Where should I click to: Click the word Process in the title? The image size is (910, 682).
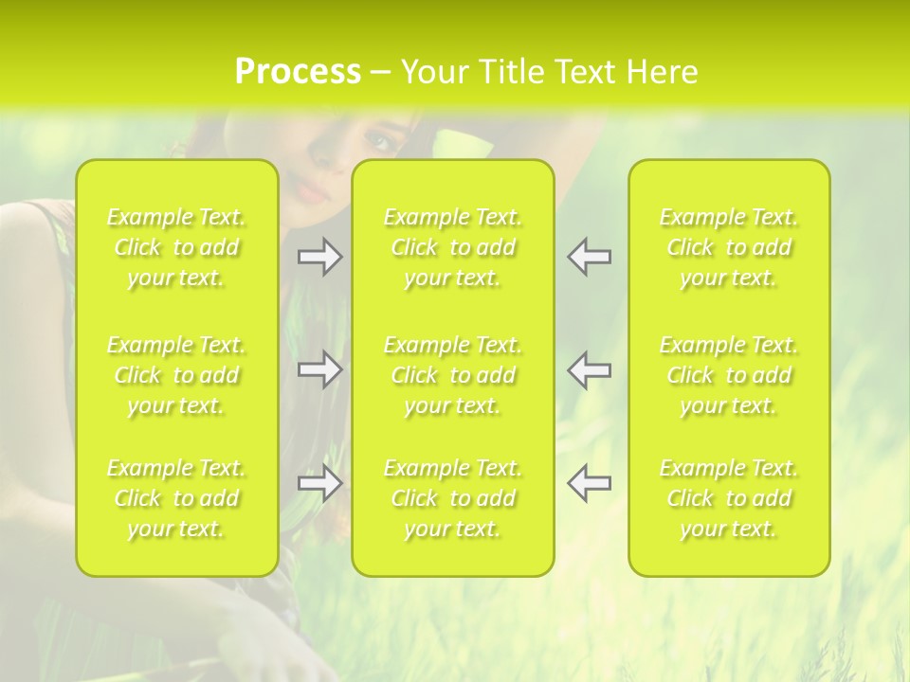point(298,72)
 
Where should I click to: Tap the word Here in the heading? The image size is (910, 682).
point(662,72)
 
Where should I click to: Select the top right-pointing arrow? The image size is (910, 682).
point(319,257)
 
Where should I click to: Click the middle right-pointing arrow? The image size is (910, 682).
point(319,369)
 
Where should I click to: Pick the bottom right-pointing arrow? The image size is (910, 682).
point(319,484)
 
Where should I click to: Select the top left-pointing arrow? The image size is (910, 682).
point(590,257)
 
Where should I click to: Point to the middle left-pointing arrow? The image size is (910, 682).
point(590,369)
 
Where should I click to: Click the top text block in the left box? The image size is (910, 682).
point(176,247)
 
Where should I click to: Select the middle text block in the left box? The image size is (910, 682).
point(176,375)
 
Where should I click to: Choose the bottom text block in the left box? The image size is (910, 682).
point(176,498)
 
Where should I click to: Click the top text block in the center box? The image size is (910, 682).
point(453,247)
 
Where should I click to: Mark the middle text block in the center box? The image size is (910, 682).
point(453,375)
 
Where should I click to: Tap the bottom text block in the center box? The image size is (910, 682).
point(453,498)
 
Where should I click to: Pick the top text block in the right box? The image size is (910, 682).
point(729,247)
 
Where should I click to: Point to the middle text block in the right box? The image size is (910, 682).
point(729,375)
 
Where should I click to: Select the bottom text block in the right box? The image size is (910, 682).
point(729,498)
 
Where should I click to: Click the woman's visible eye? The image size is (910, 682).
point(379,142)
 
